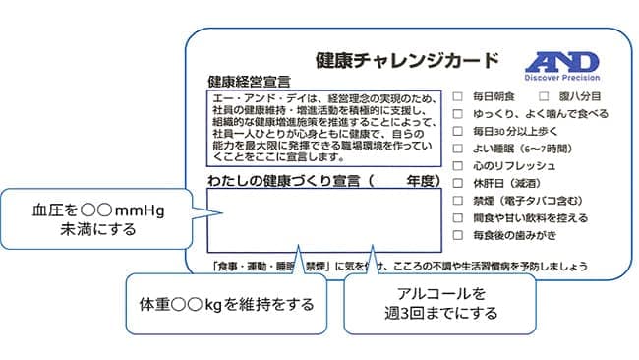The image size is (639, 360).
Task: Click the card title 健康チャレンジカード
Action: click(406, 59)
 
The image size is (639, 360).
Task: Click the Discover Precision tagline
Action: click(561, 78)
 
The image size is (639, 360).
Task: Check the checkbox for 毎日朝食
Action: click(458, 96)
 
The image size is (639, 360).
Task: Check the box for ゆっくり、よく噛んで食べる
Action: click(458, 114)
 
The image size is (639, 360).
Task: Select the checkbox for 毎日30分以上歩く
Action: click(458, 131)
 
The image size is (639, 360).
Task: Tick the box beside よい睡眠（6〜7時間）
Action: click(458, 149)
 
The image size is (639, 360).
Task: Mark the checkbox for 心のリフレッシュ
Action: click(458, 165)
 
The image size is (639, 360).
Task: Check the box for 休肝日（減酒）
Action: click(458, 183)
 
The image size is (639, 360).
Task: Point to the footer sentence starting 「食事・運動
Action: click(399, 266)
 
